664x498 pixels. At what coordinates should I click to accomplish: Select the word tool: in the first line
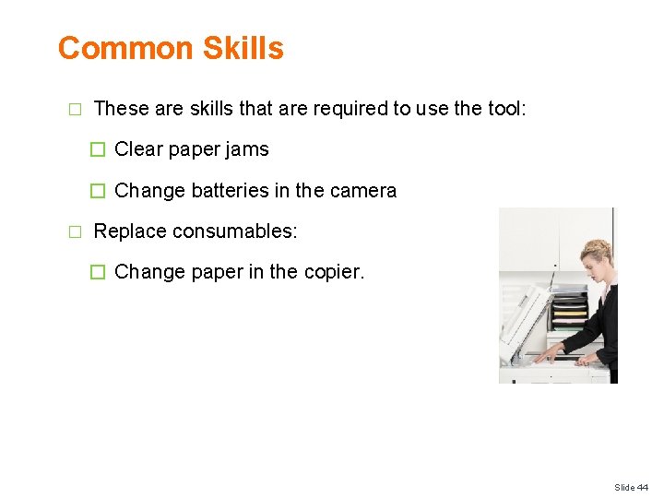505,109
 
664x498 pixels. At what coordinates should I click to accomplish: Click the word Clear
139,149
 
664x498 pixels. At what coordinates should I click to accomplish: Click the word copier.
335,273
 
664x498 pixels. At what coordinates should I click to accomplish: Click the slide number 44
643,487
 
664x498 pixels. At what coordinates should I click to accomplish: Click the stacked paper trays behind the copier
568,314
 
